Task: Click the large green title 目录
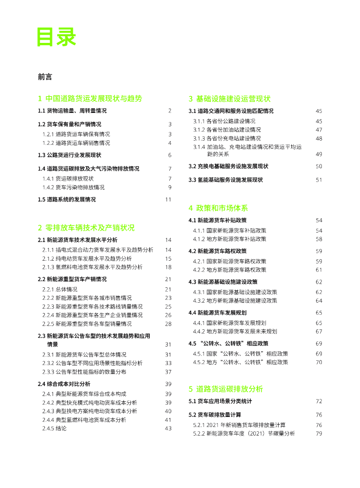point(57,37)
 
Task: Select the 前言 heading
point(45,76)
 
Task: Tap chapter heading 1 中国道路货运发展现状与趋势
point(90,99)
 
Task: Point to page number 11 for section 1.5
point(168,200)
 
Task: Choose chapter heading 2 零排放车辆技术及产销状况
point(86,228)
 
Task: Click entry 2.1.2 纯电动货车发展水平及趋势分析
point(87,258)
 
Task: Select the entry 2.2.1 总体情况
point(60,289)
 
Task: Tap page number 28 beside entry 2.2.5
point(168,324)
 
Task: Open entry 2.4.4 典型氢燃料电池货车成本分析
point(84,420)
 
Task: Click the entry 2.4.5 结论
point(54,428)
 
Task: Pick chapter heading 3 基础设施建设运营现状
point(229,99)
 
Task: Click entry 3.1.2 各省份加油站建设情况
point(227,130)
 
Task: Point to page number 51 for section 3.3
point(319,180)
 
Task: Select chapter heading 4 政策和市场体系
point(218,208)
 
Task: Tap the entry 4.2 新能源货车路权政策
point(217,251)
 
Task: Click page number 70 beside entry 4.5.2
point(319,362)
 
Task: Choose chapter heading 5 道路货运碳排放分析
point(226,389)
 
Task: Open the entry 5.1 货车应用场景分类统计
point(220,401)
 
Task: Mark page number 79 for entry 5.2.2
point(319,433)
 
